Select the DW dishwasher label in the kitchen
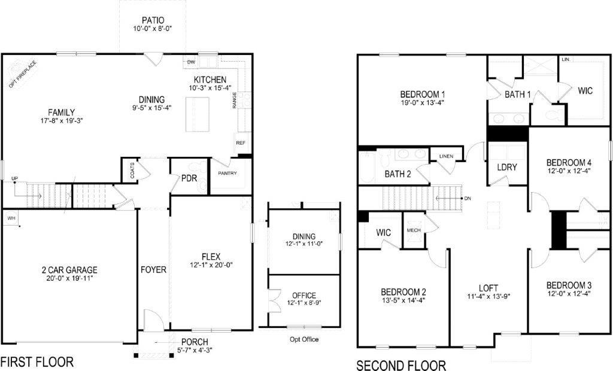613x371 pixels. tap(192, 62)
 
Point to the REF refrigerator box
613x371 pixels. tap(241, 143)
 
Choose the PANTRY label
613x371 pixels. tap(227, 174)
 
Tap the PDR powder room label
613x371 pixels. tap(190, 178)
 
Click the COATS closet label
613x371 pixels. tap(132, 172)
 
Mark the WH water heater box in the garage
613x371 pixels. tap(11, 218)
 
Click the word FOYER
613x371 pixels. tap(153, 270)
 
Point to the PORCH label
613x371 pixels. tap(195, 342)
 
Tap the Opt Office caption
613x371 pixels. tap(304, 339)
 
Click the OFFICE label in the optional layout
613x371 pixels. tap(304, 296)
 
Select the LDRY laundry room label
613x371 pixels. tap(506, 168)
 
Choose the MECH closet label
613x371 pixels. tap(413, 230)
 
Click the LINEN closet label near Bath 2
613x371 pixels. tap(446, 157)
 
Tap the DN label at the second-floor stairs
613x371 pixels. tap(467, 198)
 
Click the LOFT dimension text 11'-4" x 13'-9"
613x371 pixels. tap(488, 296)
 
